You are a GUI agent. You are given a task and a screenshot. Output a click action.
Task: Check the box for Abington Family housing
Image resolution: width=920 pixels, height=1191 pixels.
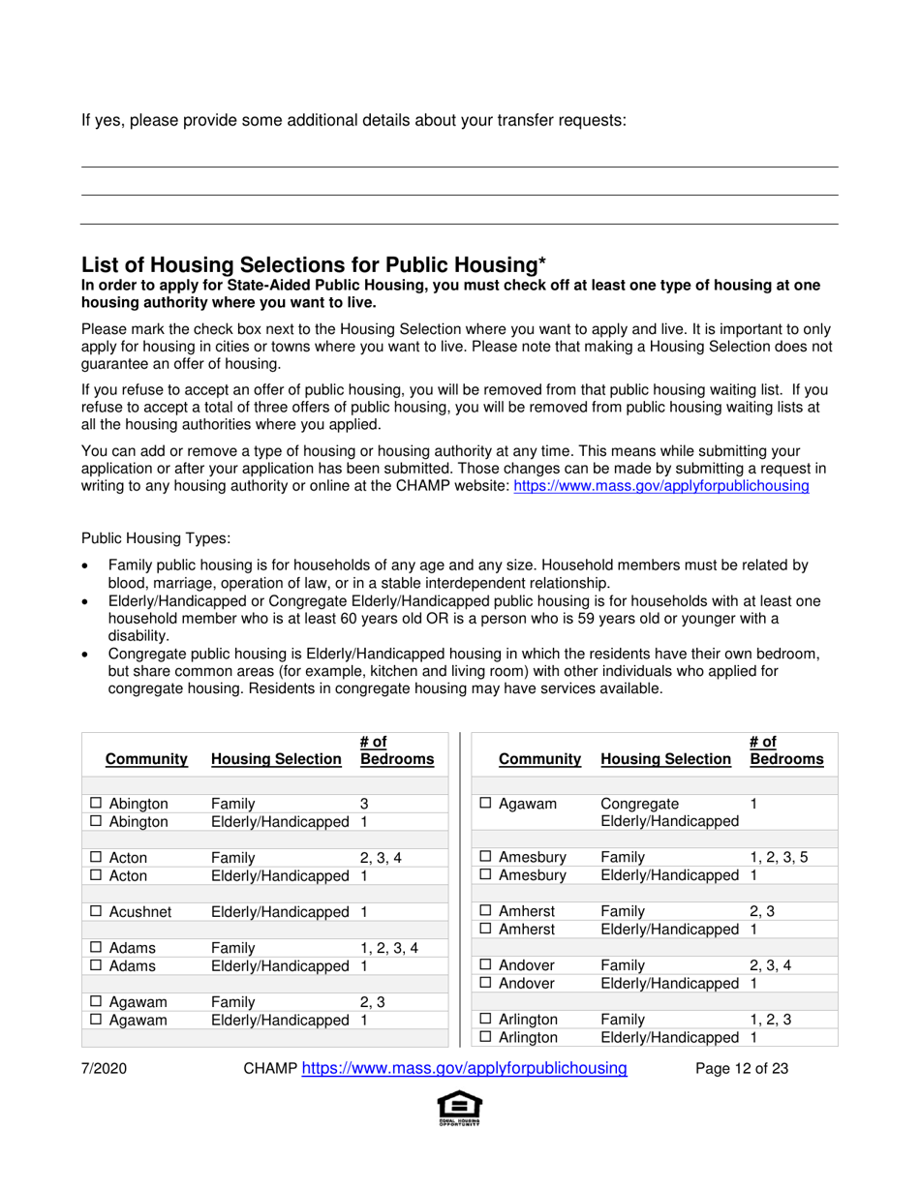coord(97,804)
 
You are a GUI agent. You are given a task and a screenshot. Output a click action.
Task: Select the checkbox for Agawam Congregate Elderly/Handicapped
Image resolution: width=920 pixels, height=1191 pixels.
coord(488,804)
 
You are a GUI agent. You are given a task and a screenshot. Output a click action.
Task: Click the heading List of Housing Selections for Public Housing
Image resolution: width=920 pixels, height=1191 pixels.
coord(314,264)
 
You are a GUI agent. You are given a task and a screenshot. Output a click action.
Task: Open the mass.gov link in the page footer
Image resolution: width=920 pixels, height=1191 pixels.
coord(465,1069)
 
